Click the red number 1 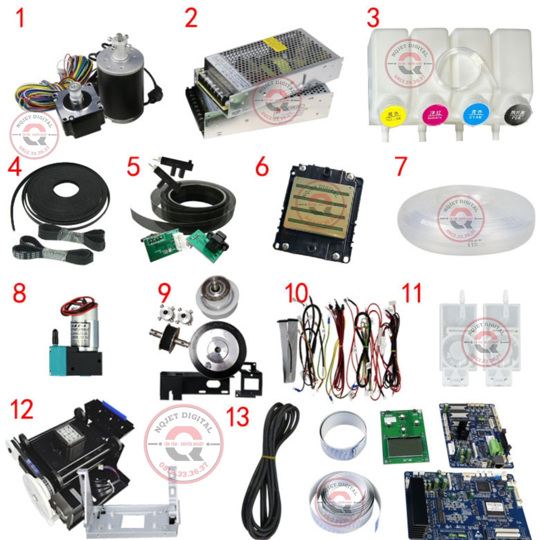tap(20, 18)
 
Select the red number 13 tap(238, 417)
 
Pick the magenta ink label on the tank tap(435, 115)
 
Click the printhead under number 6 tap(319, 211)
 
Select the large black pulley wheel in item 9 tap(218, 349)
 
